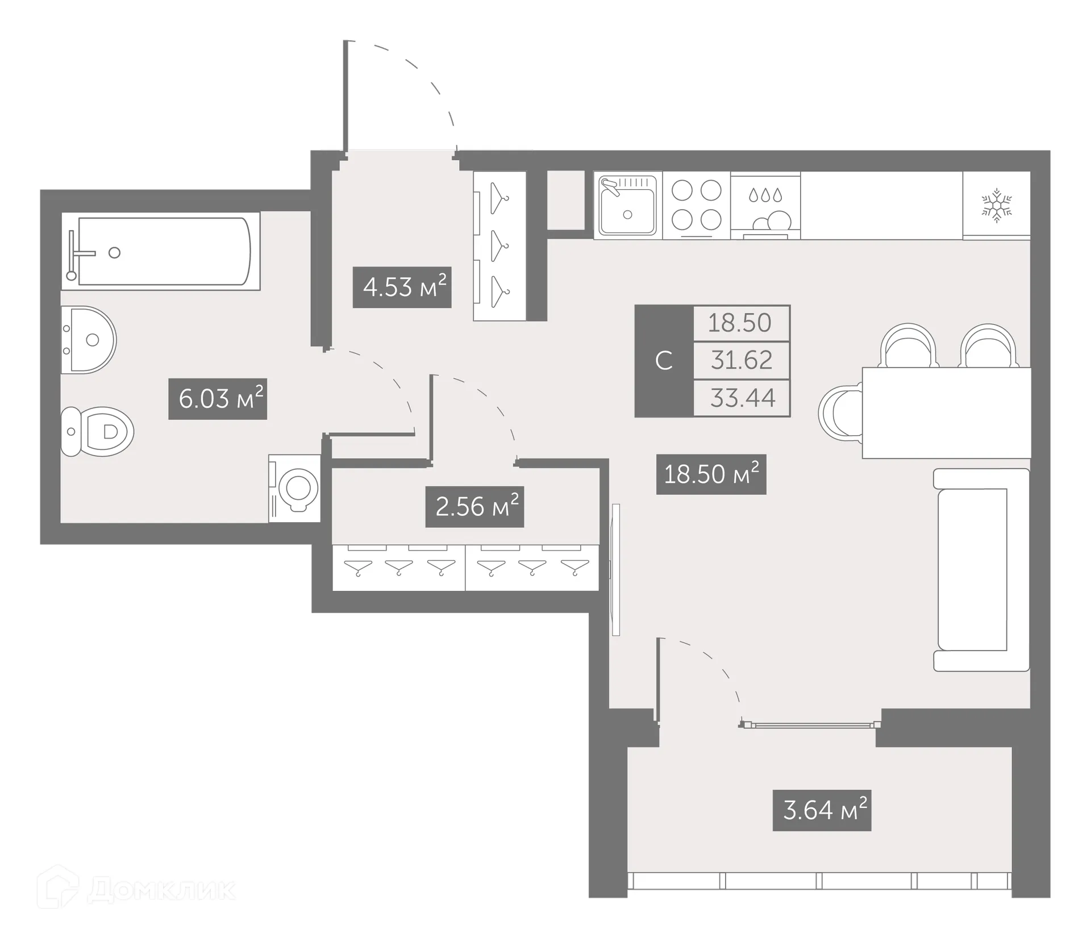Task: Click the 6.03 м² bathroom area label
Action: [x=218, y=399]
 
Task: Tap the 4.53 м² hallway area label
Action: [x=402, y=287]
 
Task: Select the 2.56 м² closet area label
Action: [x=474, y=506]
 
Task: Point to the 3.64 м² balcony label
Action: [x=822, y=810]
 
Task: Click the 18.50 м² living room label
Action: [x=711, y=474]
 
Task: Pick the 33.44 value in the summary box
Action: [x=742, y=398]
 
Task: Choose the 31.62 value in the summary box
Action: [x=742, y=360]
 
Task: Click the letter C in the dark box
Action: [x=664, y=361]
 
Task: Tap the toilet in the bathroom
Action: [x=98, y=431]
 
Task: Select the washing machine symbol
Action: [x=295, y=488]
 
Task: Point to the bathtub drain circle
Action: [x=114, y=253]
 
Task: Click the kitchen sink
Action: [x=627, y=206]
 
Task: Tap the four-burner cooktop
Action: [x=696, y=205]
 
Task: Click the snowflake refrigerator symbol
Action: [x=997, y=206]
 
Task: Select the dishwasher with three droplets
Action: [x=765, y=206]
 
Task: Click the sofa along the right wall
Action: [x=981, y=569]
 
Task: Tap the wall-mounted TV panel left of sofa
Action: [x=615, y=569]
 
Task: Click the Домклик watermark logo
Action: [x=136, y=889]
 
